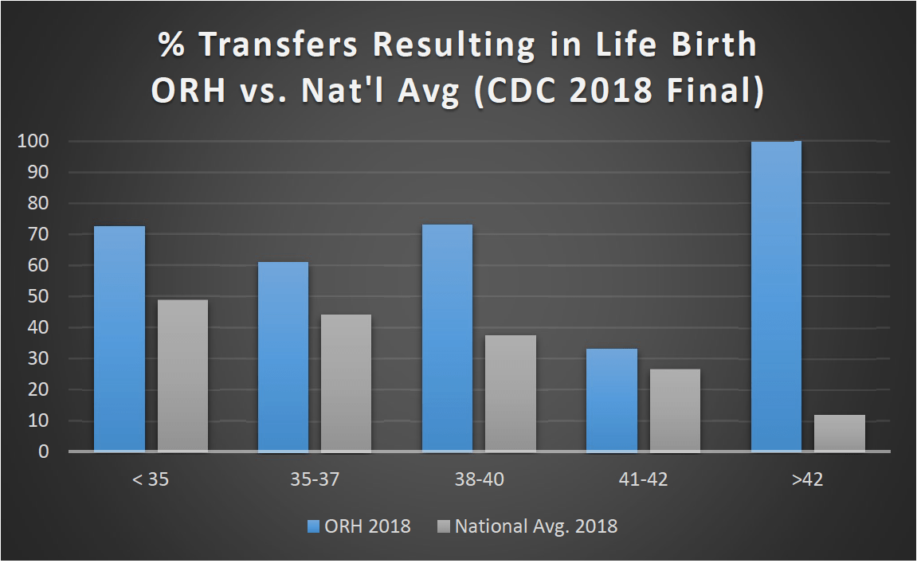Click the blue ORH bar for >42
tap(776, 296)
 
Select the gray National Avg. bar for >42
tap(839, 433)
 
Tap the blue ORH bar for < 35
tap(120, 339)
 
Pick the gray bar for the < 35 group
tap(182, 376)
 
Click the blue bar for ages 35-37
tap(283, 357)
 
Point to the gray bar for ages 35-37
tap(346, 383)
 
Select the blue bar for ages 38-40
tap(447, 338)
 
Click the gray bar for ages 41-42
tap(675, 410)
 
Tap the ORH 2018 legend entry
tap(359, 526)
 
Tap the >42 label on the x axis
tap(808, 481)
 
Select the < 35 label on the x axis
tap(151, 481)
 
